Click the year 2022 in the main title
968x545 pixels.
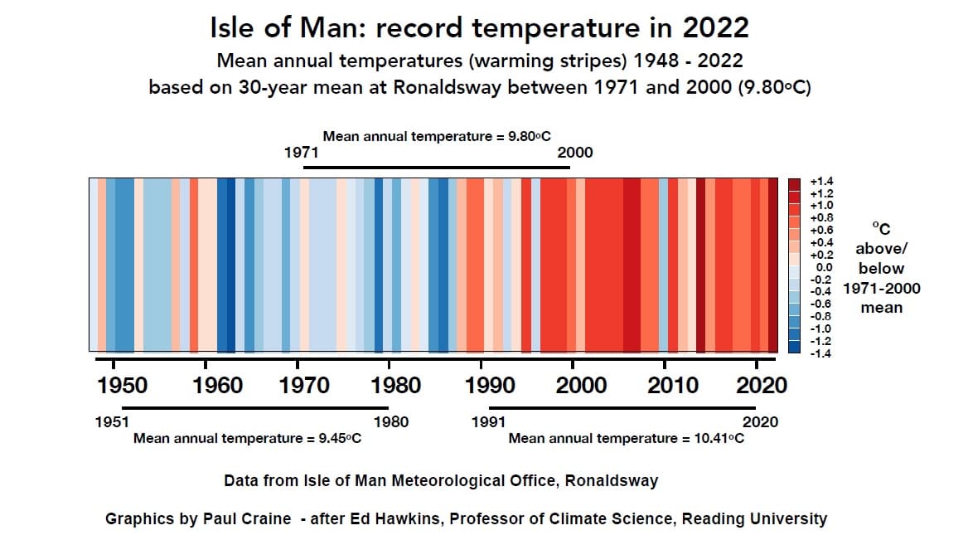[716, 27]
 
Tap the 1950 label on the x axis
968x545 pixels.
[123, 385]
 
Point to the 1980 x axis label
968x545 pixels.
[396, 385]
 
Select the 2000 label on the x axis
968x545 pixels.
[581, 385]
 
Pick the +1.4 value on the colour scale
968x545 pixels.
[821, 181]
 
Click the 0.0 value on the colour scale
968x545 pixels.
[824, 267]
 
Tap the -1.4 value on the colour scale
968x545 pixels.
[821, 353]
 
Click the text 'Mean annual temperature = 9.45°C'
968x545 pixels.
[247, 438]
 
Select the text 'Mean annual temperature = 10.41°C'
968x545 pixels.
[626, 438]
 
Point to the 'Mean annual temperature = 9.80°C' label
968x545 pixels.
[437, 136]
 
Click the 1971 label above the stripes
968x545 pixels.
[301, 153]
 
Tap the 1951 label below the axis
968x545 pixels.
[113, 421]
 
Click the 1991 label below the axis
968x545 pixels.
[488, 421]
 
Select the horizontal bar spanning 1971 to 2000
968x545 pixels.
[437, 168]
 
